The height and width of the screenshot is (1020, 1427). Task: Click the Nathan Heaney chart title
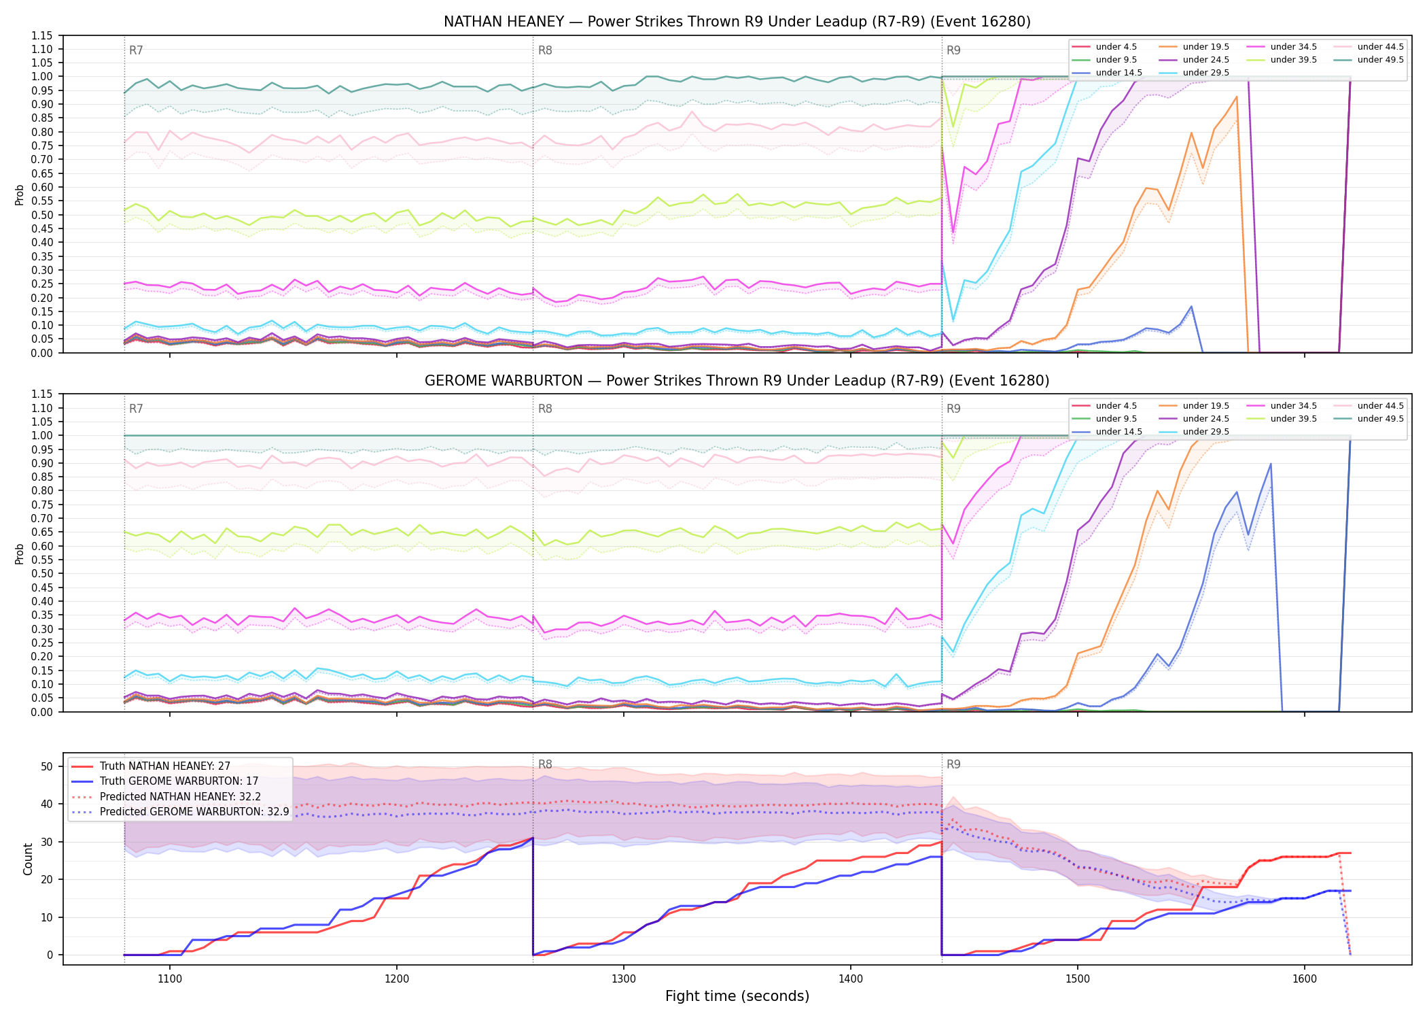[x=737, y=22]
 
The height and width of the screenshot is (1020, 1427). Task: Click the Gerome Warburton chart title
[x=737, y=381]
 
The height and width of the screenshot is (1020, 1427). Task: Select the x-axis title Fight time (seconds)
[x=737, y=996]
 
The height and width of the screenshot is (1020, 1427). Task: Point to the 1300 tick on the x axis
[x=624, y=979]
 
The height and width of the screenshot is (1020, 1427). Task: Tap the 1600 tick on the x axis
[x=1305, y=979]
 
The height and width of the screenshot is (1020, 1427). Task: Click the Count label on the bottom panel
[x=28, y=859]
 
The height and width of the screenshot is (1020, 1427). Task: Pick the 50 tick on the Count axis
[x=47, y=766]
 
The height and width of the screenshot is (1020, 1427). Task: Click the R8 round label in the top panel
[x=545, y=50]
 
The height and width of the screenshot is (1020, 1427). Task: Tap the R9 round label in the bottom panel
[x=953, y=764]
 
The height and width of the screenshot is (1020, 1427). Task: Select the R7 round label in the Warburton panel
[x=136, y=409]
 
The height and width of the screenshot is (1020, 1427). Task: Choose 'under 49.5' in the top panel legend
[x=1381, y=60]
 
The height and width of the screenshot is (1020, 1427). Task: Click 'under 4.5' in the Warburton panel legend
[x=1116, y=406]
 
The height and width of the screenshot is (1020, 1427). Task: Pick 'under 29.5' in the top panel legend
[x=1206, y=73]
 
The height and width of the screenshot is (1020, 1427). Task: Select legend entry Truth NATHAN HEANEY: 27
[x=165, y=766]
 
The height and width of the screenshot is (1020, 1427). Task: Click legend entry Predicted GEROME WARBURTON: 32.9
[x=194, y=812]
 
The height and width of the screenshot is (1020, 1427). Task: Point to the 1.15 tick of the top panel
[x=43, y=35]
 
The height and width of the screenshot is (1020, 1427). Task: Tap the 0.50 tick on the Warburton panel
[x=43, y=574]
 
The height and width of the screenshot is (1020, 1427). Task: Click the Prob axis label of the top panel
[x=20, y=194]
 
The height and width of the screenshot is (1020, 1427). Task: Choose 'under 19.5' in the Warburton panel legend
[x=1206, y=406]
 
